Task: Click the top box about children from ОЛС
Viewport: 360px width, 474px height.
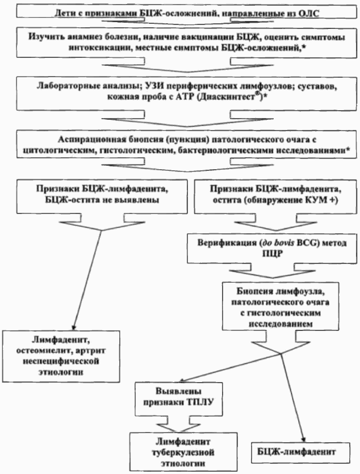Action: (x=179, y=13)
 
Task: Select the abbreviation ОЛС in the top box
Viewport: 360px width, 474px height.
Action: (x=288, y=13)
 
